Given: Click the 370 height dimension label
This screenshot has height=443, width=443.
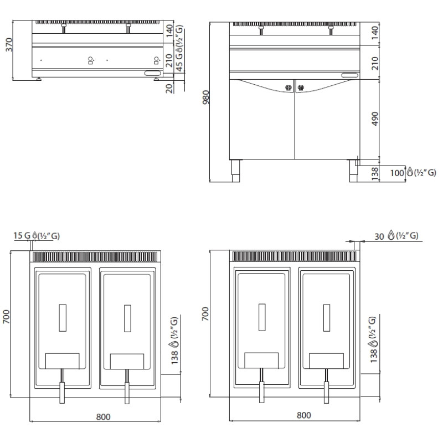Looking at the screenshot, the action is (9, 45).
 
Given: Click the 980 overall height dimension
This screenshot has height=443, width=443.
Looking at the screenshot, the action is (206, 97).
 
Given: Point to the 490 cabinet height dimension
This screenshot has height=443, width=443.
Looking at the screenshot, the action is (375, 119).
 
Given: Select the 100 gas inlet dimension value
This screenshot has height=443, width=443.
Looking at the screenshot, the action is (397, 173).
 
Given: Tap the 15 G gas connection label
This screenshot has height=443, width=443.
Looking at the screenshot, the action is (22, 235).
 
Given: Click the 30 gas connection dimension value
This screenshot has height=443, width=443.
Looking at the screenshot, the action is (379, 236).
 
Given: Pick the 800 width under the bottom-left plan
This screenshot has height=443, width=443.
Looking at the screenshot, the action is (104, 417).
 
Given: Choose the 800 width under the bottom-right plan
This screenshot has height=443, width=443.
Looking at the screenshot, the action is (303, 415).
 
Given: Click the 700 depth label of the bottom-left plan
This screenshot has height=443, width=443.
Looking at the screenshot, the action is (6, 317).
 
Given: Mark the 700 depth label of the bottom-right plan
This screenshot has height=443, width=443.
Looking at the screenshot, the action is (205, 313).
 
